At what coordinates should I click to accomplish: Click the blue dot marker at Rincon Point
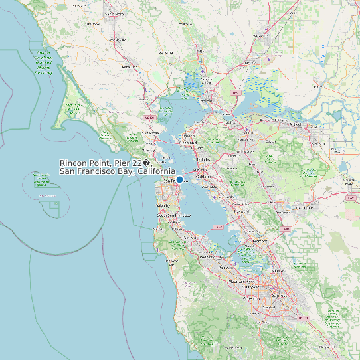(x=179, y=179)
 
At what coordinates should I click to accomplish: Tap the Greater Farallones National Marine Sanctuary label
(x=44, y=62)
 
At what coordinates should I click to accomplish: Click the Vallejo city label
(x=205, y=100)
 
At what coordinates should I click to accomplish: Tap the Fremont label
(x=255, y=241)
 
